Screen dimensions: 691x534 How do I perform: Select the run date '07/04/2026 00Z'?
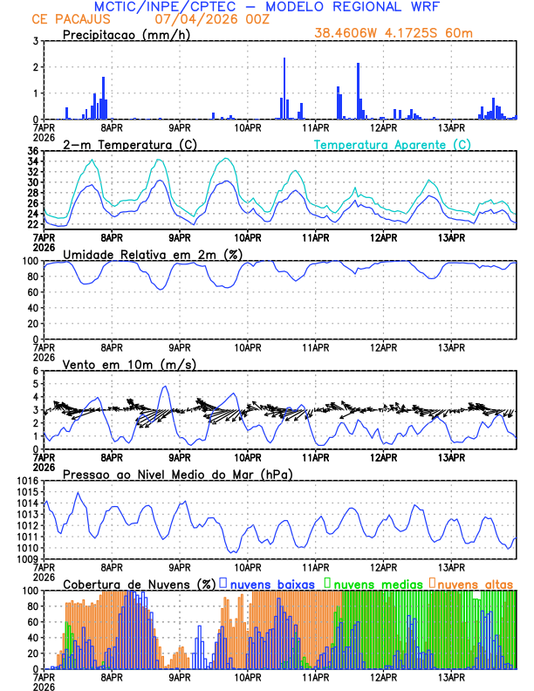pos(195,19)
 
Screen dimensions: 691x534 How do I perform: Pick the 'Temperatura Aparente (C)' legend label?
pos(393,144)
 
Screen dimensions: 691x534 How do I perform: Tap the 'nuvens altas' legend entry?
pos(476,583)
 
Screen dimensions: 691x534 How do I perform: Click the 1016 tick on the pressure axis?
pos(26,481)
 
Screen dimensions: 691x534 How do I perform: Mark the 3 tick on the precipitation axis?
pos(35,41)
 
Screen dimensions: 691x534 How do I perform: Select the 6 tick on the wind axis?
pos(35,371)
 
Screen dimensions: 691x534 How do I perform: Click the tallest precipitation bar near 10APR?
pos(284,89)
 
